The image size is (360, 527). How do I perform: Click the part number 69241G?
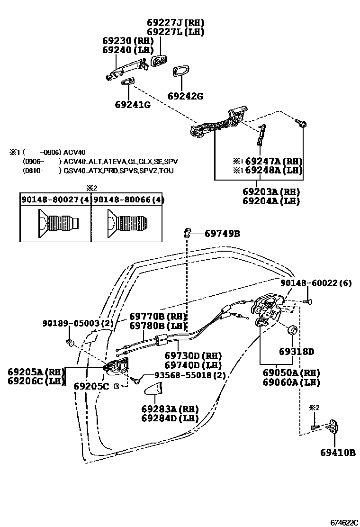click(x=132, y=104)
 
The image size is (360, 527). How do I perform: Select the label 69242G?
click(x=185, y=96)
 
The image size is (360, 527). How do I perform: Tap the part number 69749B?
click(x=222, y=233)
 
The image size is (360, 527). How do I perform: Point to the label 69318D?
click(x=297, y=352)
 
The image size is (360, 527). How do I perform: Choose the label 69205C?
click(x=91, y=386)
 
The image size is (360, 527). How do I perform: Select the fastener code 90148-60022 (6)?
click(x=315, y=283)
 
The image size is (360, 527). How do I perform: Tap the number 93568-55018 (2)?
click(x=185, y=375)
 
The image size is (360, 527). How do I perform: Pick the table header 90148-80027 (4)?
click(x=55, y=200)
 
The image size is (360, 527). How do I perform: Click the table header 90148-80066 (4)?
click(x=128, y=200)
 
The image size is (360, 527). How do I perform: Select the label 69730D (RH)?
click(x=193, y=355)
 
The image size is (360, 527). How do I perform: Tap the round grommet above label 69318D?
click(x=293, y=330)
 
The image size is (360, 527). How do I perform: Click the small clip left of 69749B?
click(x=188, y=233)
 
